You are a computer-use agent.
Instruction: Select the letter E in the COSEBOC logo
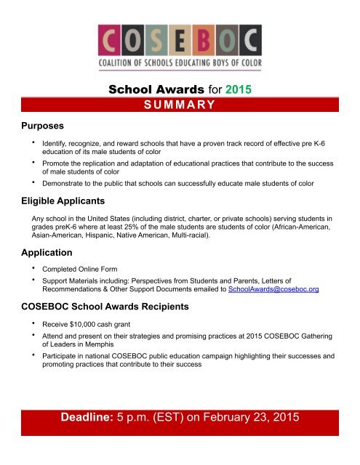pos(180,42)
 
